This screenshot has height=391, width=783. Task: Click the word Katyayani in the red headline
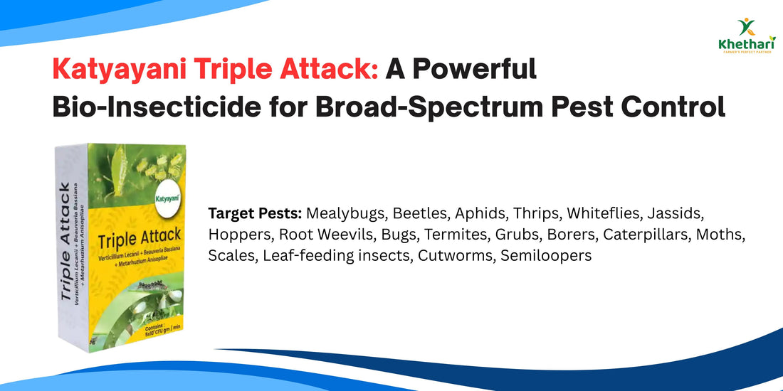(x=120, y=70)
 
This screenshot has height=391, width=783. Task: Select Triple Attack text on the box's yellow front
(x=140, y=236)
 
